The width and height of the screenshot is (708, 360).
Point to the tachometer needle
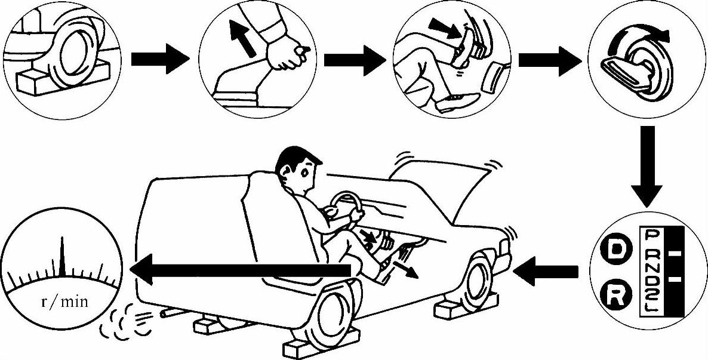click(x=61, y=256)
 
